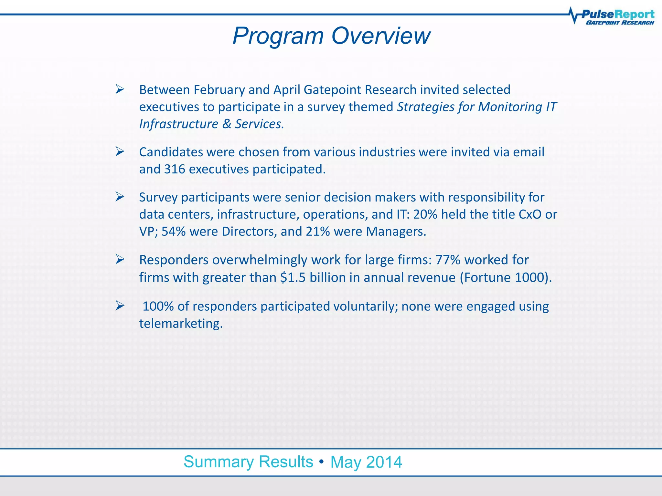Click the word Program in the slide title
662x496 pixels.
tap(278, 36)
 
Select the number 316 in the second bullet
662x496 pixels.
tap(175, 169)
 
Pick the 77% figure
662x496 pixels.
tap(448, 260)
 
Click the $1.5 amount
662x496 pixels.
tap(293, 277)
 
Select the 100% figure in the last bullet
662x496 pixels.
tap(158, 306)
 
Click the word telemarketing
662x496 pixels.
tap(181, 324)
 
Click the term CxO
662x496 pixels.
tap(530, 214)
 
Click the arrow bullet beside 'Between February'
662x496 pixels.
tap(120, 89)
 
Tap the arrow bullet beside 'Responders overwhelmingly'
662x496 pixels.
tap(120, 259)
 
